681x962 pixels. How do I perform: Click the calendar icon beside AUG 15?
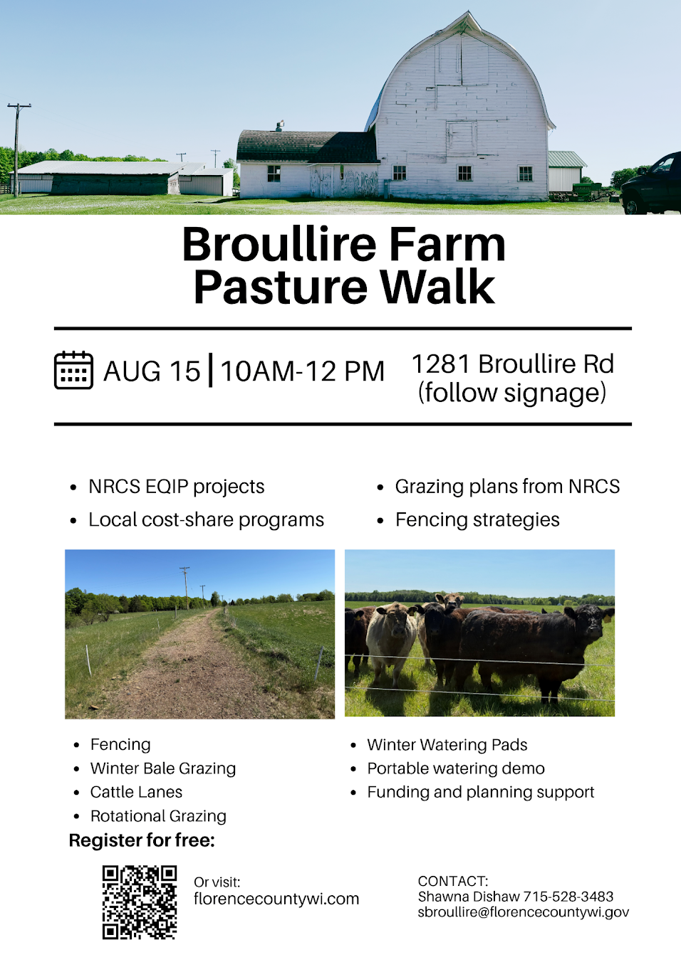coord(73,370)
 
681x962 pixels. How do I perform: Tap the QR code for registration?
coord(140,902)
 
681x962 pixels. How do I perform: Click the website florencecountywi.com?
coord(276,899)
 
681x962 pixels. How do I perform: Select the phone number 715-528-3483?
coord(568,897)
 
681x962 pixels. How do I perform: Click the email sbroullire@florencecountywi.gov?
coord(524,911)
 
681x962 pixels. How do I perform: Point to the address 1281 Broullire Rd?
coord(513,364)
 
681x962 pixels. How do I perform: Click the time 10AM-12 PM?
coord(303,371)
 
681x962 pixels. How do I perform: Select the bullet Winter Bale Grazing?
coord(163,768)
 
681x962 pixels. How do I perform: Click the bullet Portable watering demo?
coord(456,768)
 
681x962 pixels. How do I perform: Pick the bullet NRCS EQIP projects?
coord(176,487)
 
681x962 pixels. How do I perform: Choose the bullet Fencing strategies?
coord(477,519)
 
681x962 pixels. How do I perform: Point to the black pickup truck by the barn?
coord(650,184)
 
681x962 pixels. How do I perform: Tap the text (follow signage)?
coord(512,393)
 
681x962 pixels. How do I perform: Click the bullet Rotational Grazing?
coord(158,816)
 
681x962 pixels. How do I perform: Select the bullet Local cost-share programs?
coord(206,519)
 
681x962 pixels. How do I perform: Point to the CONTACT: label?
coord(453,882)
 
